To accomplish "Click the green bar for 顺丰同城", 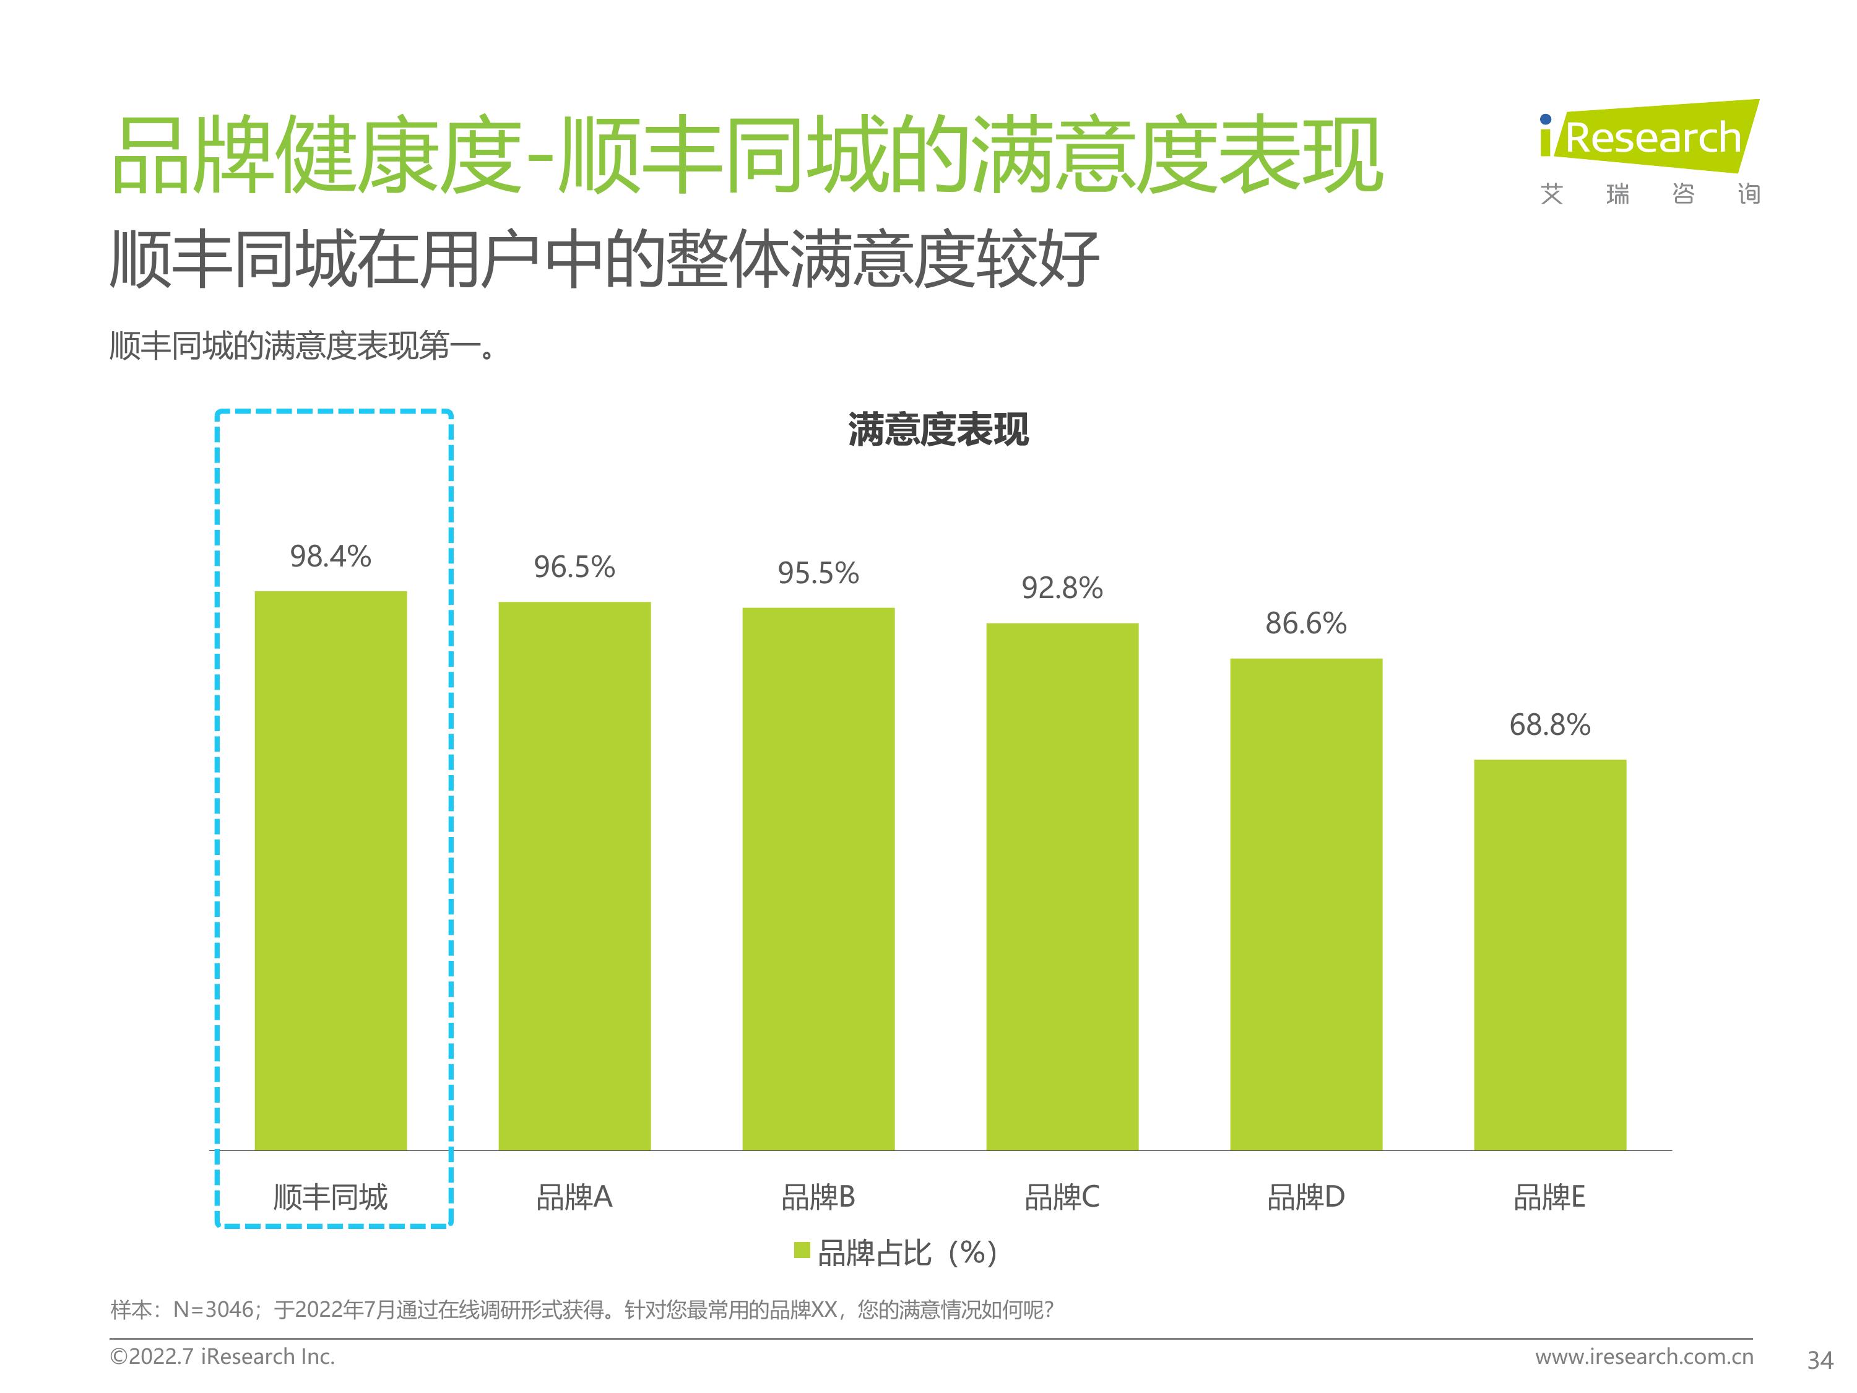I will pyautogui.click(x=330, y=870).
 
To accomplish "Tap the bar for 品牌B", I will pyautogui.click(x=818, y=879).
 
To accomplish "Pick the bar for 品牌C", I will pyautogui.click(x=1062, y=886).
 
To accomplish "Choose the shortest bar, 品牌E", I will pyautogui.click(x=1550, y=954).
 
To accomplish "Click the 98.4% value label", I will pyautogui.click(x=330, y=556).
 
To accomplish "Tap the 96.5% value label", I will pyautogui.click(x=574, y=566).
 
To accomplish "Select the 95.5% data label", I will pyautogui.click(x=818, y=573).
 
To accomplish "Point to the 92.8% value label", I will pyautogui.click(x=1062, y=588).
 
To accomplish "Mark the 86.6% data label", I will pyautogui.click(x=1305, y=623).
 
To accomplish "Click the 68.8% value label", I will pyautogui.click(x=1550, y=724).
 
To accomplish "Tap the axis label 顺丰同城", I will pyautogui.click(x=330, y=1197).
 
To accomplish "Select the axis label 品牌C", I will pyautogui.click(x=1062, y=1197).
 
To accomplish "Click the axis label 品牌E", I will pyautogui.click(x=1550, y=1197).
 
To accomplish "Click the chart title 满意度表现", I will pyautogui.click(x=938, y=429).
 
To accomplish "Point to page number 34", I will pyautogui.click(x=1819, y=1360).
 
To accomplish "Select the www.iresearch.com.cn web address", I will pyautogui.click(x=1644, y=1356).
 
